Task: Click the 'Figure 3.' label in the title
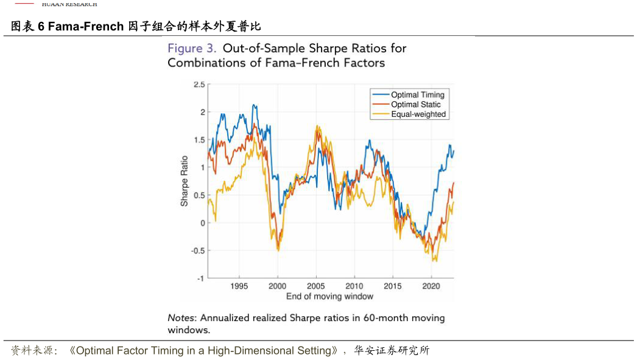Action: (192, 49)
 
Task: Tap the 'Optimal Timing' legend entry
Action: (417, 95)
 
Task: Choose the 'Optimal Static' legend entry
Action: (415, 105)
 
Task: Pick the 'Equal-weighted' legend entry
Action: (418, 115)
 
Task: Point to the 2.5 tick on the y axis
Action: (199, 85)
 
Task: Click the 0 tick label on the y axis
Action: (202, 223)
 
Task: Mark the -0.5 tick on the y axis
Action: (198, 250)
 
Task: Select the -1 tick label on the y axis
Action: (201, 278)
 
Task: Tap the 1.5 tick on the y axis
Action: (199, 140)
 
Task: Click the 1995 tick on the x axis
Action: (239, 286)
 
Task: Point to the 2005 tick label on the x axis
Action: (315, 286)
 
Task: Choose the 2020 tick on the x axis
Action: (431, 286)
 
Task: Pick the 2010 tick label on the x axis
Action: (354, 286)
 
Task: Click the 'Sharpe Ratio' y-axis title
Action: (185, 181)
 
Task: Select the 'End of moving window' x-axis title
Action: (329, 297)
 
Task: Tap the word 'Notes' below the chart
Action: (181, 318)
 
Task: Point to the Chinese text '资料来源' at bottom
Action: (34, 351)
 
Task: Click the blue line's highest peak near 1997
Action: (254, 105)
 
